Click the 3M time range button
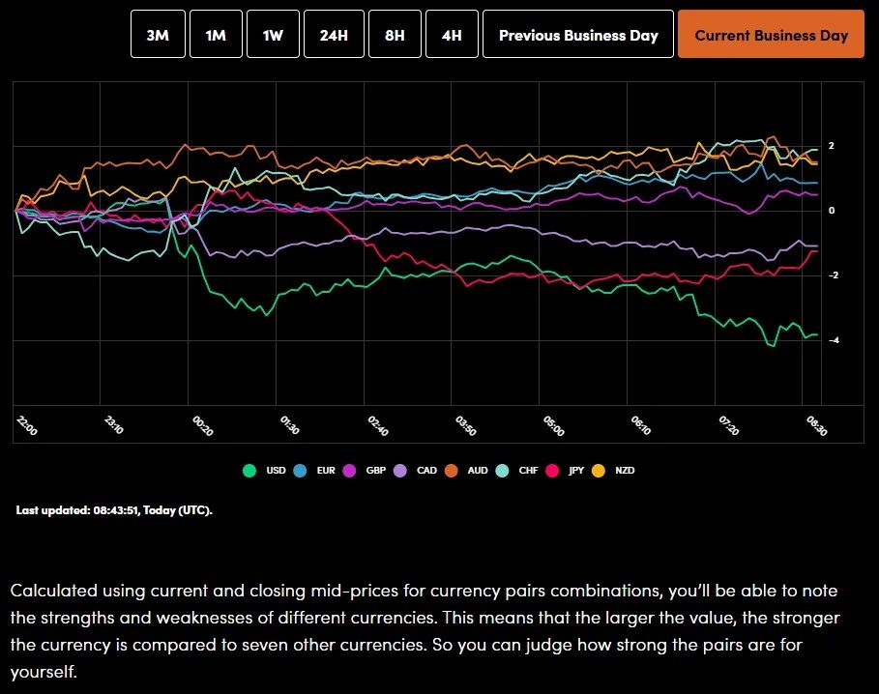click(x=157, y=35)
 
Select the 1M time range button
click(x=215, y=35)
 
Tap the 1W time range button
click(x=273, y=35)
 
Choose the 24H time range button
click(x=334, y=35)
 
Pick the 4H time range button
click(x=452, y=35)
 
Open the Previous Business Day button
click(x=577, y=35)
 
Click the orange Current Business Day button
click(x=771, y=35)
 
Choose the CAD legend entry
click(x=417, y=471)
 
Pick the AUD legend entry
click(x=468, y=471)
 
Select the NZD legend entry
click(x=616, y=471)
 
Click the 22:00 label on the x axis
click(x=27, y=426)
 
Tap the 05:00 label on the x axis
click(x=553, y=426)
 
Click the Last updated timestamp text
click(x=114, y=510)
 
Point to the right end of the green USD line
click(x=818, y=334)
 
